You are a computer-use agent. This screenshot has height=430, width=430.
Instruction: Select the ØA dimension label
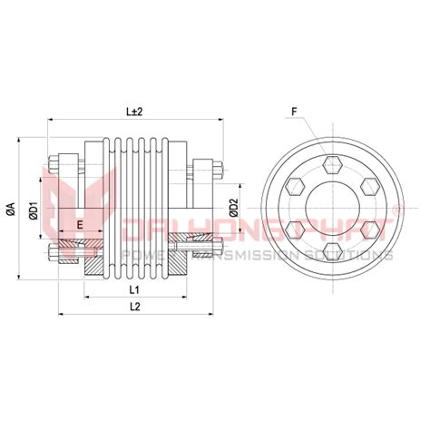[10, 210]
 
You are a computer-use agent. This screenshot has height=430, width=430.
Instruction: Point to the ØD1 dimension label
[32, 210]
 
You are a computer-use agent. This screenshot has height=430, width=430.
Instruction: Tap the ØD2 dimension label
[233, 210]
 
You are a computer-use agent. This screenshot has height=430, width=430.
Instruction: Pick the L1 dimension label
[133, 289]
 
